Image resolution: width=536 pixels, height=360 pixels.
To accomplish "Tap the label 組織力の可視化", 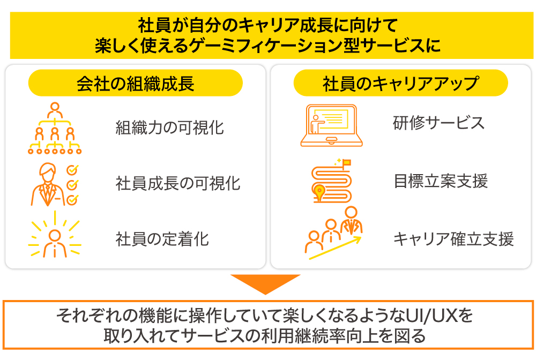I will (170, 128).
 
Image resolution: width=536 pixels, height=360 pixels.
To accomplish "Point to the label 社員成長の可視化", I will (178, 184).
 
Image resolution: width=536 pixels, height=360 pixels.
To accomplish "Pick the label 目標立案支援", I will (440, 181).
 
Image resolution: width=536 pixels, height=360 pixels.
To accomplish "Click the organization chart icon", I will (54, 128).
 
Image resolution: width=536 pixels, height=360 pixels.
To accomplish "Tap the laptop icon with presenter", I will (331, 125).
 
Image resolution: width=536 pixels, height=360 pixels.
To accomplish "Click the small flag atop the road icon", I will (346, 161).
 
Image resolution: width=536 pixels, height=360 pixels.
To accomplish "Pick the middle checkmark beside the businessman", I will (71, 184).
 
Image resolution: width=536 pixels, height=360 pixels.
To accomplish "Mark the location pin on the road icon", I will (321, 191).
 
